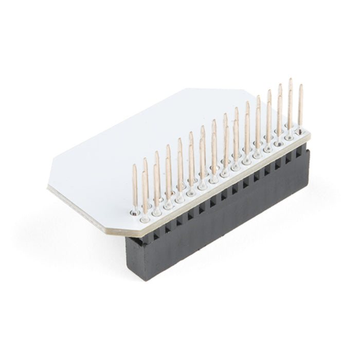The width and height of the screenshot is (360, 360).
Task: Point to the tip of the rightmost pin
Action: click(301, 86)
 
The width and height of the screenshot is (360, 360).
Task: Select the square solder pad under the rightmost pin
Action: click(298, 132)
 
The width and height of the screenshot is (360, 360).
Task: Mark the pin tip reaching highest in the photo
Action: click(291, 80)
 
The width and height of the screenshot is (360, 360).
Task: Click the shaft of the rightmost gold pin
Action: click(300, 108)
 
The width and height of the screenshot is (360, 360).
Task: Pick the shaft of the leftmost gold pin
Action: click(134, 188)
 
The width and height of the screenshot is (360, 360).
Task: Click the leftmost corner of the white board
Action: click(48, 188)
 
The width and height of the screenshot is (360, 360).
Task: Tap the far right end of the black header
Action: click(310, 165)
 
